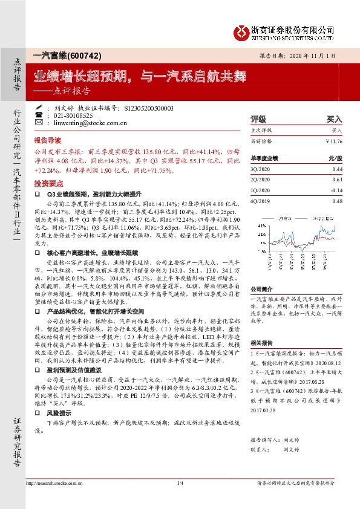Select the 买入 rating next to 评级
[334, 120]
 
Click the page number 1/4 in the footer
[180, 483]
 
